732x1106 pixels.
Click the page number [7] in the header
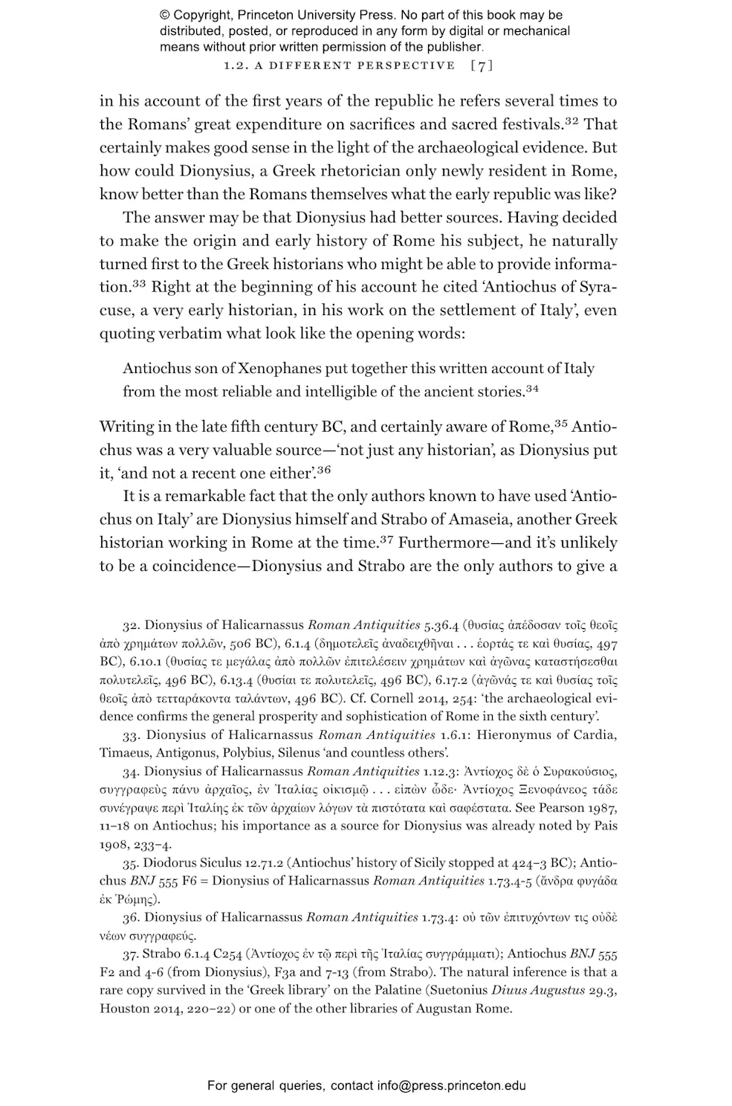482,65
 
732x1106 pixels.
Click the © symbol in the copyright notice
165,15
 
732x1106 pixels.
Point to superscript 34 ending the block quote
532,388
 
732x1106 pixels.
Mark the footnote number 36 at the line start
131,917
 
